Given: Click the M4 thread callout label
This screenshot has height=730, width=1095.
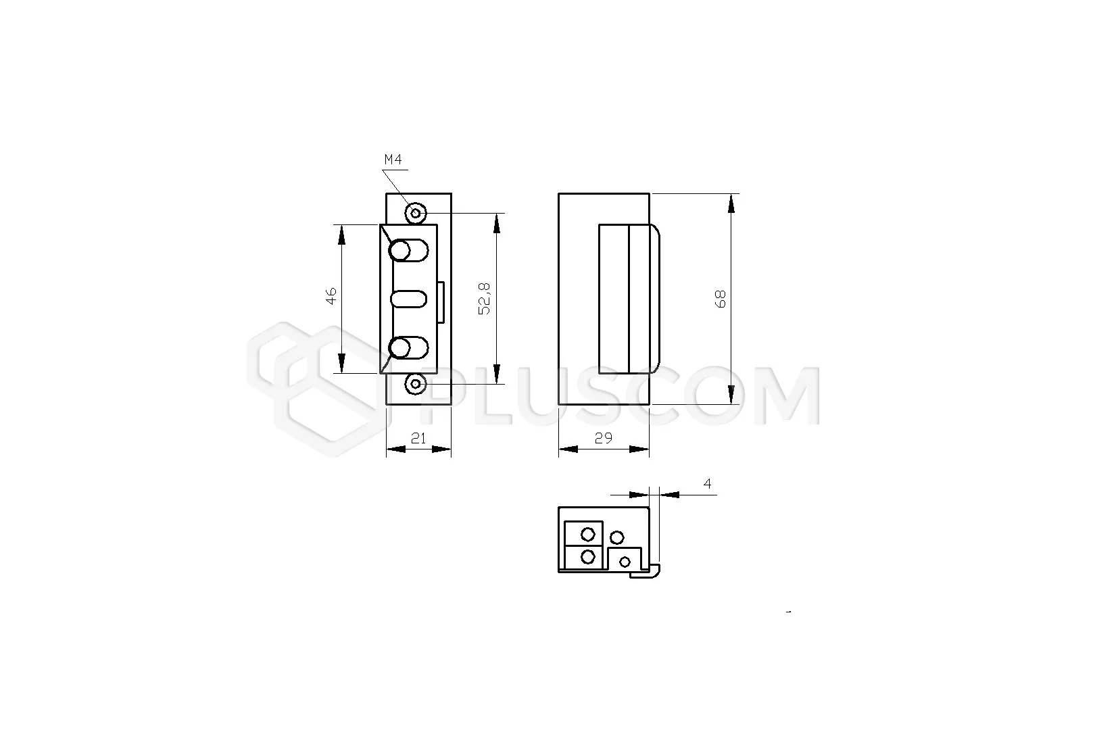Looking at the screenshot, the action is point(393,160).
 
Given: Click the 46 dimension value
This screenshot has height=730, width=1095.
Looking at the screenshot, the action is point(331,296).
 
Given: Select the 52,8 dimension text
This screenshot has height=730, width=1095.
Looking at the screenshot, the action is point(484,299).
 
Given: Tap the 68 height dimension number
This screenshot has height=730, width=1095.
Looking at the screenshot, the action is point(720,299).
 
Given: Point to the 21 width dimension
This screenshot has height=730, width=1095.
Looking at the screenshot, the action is point(418,439).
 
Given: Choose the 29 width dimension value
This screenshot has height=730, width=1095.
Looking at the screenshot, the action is point(604,438).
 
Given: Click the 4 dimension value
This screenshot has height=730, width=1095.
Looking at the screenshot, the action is point(707,483).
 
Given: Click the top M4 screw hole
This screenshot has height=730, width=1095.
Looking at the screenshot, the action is point(416,213).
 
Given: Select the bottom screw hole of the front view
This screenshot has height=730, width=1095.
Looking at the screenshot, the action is point(416,385).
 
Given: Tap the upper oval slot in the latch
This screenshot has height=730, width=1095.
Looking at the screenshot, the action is point(409,251).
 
